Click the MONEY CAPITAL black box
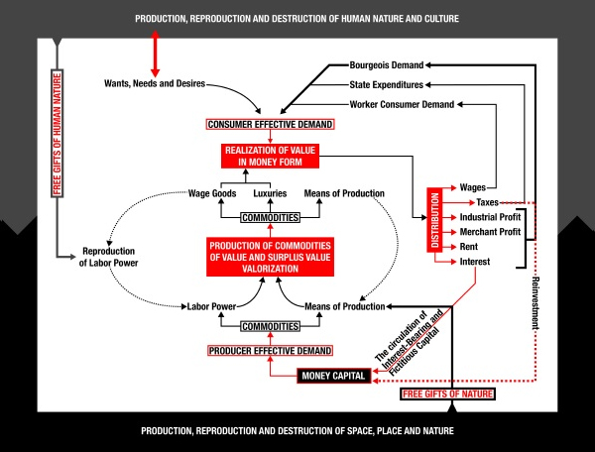(x=334, y=376)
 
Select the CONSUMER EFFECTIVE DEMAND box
(x=270, y=124)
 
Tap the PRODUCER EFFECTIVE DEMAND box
(x=270, y=350)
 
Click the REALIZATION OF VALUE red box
(x=270, y=156)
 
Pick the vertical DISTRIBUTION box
(x=435, y=220)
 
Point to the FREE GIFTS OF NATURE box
(x=448, y=394)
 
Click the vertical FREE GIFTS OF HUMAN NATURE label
(x=57, y=134)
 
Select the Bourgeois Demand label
(x=387, y=65)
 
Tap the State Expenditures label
(x=387, y=84)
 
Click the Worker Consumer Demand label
(x=402, y=104)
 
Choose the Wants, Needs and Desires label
(x=155, y=83)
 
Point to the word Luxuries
(x=270, y=193)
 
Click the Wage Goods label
(x=212, y=193)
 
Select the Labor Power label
(x=211, y=306)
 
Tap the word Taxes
(x=487, y=202)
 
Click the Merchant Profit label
(x=490, y=232)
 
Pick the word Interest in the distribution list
(x=475, y=262)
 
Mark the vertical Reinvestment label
(x=535, y=303)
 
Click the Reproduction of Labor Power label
(x=108, y=257)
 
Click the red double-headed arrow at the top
(x=155, y=54)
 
